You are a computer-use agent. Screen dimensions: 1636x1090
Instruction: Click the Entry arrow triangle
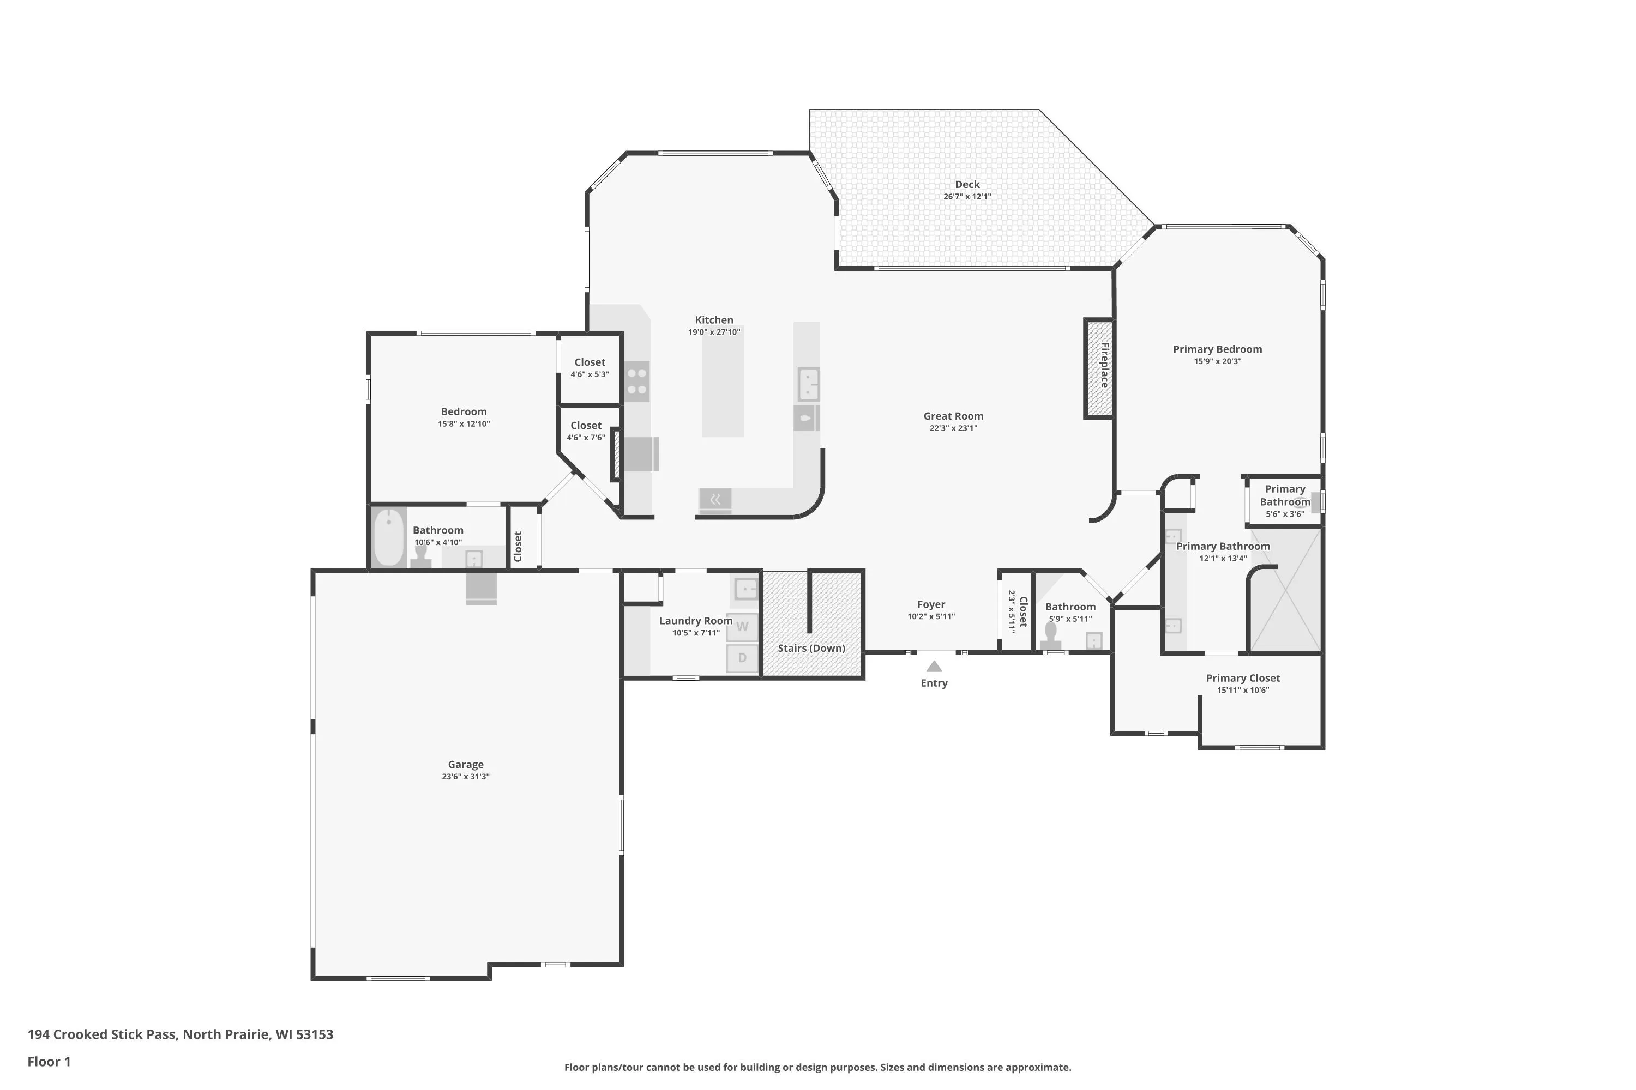(934, 666)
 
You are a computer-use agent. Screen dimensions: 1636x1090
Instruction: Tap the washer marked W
(742, 627)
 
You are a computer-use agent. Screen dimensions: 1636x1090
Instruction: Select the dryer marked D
(742, 658)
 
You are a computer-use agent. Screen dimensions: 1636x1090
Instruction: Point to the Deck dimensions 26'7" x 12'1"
(967, 197)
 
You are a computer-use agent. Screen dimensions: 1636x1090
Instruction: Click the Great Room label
(953, 416)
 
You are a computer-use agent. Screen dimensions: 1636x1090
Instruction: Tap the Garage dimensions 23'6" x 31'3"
(465, 777)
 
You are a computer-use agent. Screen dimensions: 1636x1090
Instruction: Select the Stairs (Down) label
(811, 648)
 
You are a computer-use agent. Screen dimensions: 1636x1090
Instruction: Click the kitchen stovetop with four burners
(636, 381)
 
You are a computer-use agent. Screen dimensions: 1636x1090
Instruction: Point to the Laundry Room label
(696, 621)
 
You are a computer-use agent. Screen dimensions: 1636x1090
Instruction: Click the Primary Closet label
(1243, 678)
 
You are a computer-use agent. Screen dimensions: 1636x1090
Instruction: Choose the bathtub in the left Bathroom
(389, 537)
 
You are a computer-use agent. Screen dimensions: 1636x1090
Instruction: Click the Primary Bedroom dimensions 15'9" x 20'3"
(1217, 361)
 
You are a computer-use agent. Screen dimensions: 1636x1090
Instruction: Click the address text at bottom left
(180, 1034)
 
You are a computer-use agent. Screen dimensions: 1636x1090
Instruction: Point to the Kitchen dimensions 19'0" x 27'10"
(714, 332)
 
